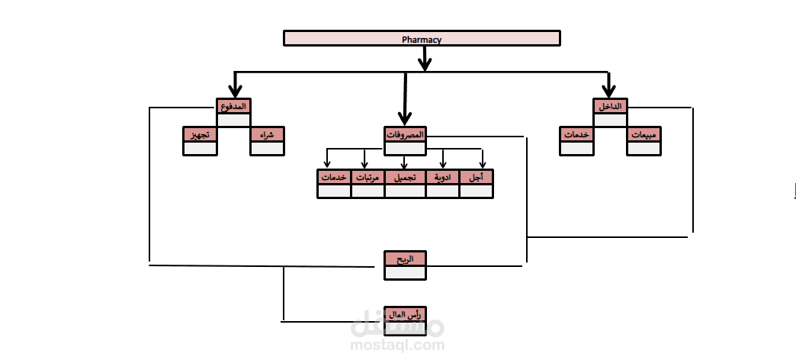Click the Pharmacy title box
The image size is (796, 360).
point(422,39)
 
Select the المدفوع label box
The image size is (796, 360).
point(233,106)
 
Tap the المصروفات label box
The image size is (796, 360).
point(405,134)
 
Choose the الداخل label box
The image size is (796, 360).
point(610,106)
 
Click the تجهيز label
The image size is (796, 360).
point(200,134)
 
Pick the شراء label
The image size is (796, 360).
point(267,134)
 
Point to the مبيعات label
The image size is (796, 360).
point(644,134)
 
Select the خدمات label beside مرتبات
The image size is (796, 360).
point(334,177)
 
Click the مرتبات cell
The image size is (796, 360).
point(368,177)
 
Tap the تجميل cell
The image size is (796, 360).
point(405,177)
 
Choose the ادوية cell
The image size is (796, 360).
point(443,177)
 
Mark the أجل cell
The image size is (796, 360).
point(477,177)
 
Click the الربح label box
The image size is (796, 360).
point(405,259)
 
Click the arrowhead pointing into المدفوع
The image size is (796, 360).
point(235,92)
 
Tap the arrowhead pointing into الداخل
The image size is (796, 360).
point(608,92)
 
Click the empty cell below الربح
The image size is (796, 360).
point(405,272)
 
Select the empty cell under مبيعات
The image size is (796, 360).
point(644,148)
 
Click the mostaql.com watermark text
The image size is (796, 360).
point(397,346)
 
